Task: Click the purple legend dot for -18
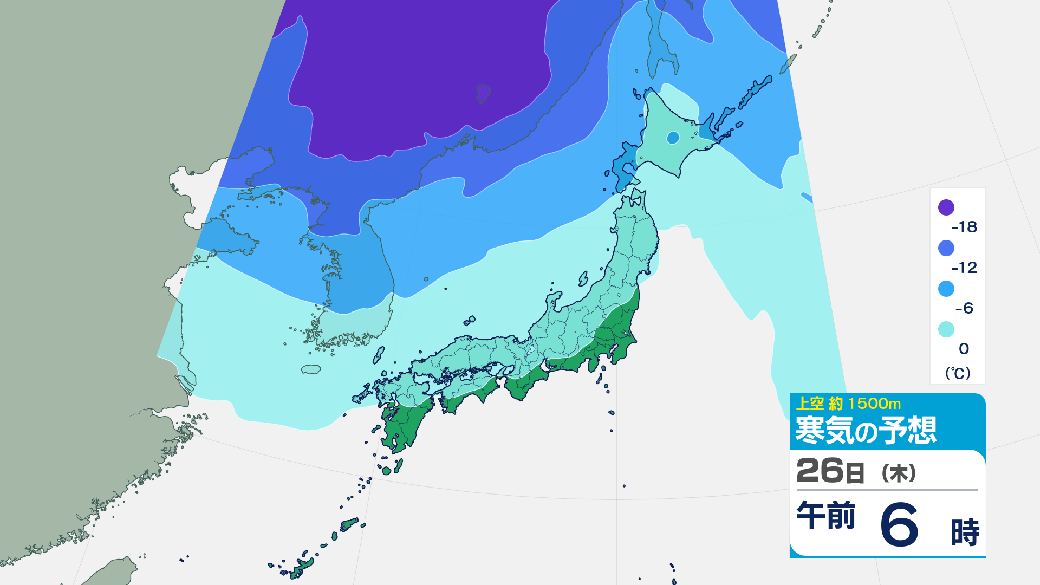click(946, 207)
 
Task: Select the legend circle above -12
click(946, 248)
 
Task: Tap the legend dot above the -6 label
click(946, 289)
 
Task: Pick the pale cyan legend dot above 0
click(946, 329)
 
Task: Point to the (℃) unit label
click(957, 373)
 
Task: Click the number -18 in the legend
click(964, 227)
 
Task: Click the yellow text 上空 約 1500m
click(848, 404)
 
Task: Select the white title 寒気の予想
click(865, 431)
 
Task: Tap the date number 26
click(820, 471)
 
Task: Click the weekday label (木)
click(899, 473)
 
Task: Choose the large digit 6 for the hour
click(899, 524)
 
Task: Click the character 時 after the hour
click(965, 532)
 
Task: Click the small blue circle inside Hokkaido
click(673, 138)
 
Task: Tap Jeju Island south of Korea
click(311, 369)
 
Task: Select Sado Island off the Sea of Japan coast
click(583, 279)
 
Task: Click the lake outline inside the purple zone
click(483, 93)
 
